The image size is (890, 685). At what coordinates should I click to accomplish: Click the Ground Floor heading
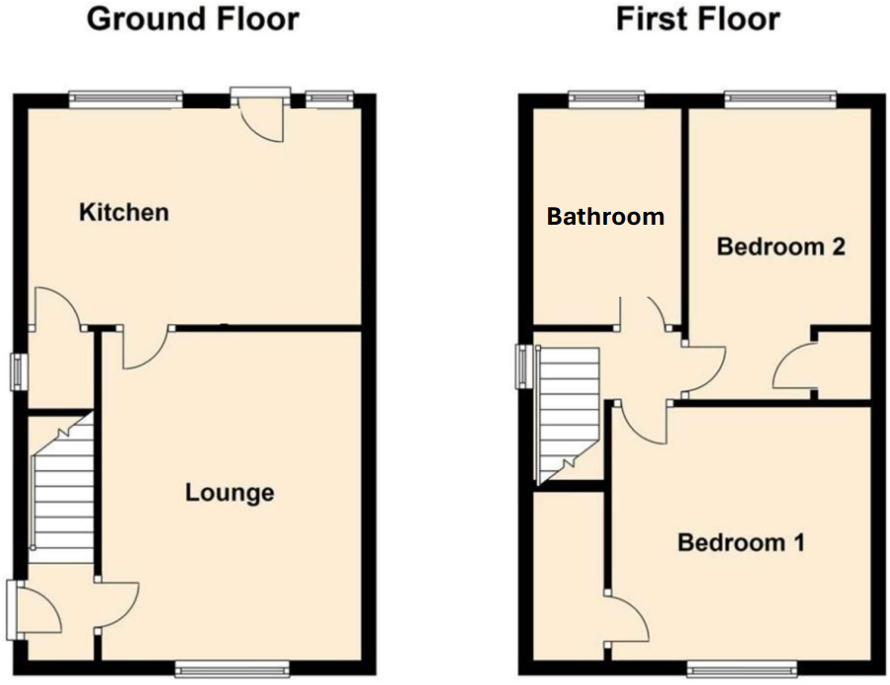tap(192, 19)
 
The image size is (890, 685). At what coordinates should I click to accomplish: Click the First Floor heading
tap(697, 19)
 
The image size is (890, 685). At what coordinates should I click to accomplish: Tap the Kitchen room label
tap(124, 212)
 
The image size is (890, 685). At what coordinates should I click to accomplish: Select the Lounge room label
tap(230, 492)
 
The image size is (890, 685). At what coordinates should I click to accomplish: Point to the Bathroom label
tap(605, 217)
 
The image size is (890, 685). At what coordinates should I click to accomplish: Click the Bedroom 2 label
tap(781, 246)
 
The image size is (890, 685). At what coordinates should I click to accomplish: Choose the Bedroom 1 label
tap(741, 542)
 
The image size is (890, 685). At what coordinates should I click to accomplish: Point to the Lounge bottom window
tap(233, 669)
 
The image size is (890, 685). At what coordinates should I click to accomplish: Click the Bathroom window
tap(607, 98)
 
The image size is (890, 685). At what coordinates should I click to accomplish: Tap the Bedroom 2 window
tap(780, 98)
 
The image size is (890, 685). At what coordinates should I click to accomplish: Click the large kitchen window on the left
tap(125, 98)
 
